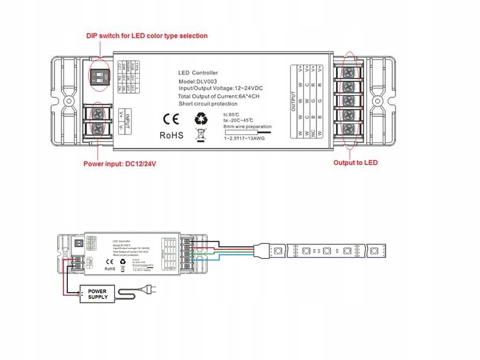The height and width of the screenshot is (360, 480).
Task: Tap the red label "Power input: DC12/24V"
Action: tap(122, 163)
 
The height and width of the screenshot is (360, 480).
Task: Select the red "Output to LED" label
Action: tap(355, 163)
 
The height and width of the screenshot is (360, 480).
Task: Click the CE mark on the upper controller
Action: tap(170, 118)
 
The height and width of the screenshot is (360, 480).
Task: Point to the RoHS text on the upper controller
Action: tap(171, 135)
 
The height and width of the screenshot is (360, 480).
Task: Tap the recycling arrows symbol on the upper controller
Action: tap(200, 117)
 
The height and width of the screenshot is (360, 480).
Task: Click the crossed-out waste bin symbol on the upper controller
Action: tap(200, 134)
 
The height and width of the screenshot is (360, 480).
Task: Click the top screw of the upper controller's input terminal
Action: tap(98, 113)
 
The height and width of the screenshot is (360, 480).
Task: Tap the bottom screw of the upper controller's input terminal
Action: tap(98, 127)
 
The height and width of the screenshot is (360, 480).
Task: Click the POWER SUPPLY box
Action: tap(98, 294)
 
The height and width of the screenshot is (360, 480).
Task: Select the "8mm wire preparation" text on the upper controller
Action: tap(247, 127)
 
